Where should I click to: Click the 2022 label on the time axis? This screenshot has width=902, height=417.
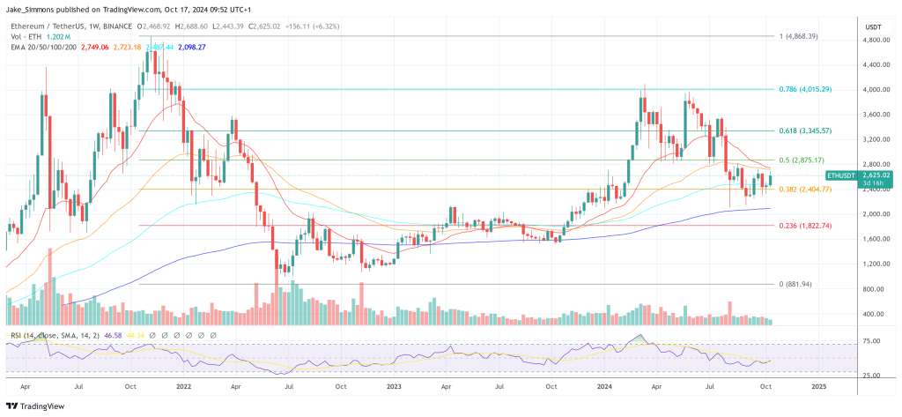(184, 386)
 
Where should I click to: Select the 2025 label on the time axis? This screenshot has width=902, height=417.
(818, 386)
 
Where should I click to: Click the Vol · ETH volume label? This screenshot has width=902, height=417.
(26, 36)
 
